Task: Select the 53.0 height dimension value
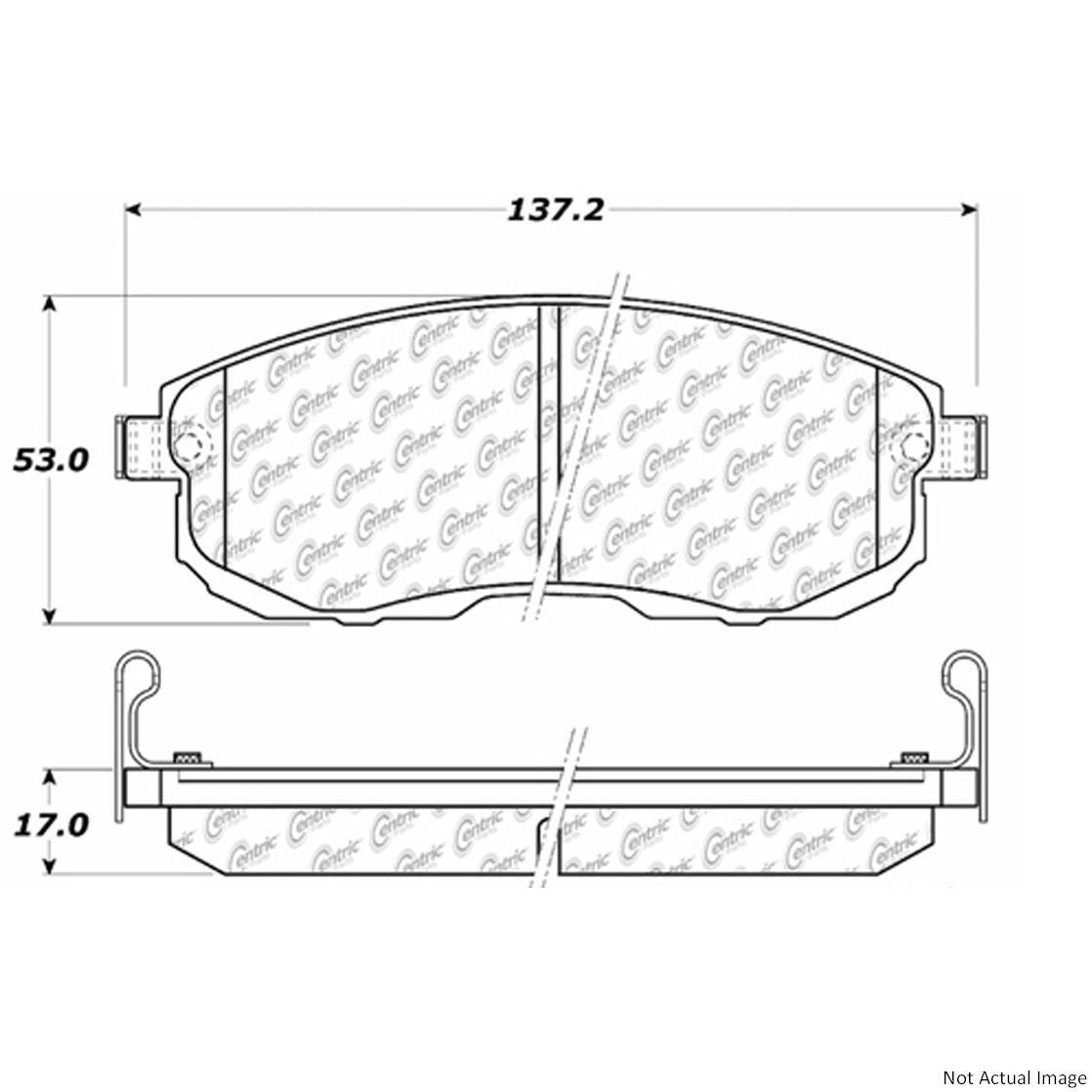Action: point(51,459)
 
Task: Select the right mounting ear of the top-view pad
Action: point(962,446)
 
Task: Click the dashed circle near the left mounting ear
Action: point(187,442)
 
